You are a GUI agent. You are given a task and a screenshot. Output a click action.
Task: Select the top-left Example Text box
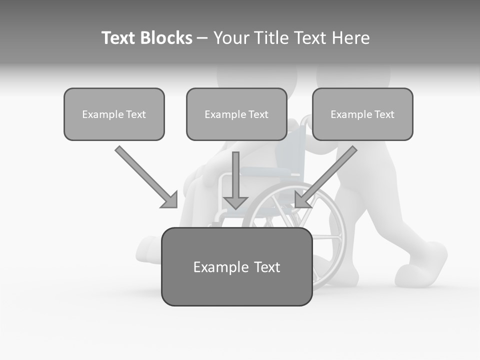114,114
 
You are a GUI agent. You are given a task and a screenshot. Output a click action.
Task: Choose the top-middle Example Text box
236,114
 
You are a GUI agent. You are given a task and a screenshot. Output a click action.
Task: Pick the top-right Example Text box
362,114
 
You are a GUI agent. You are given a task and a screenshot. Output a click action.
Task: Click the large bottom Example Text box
236,266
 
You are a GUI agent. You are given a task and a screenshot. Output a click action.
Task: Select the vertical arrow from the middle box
235,175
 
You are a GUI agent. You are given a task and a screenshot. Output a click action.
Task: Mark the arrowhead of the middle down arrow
235,202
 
